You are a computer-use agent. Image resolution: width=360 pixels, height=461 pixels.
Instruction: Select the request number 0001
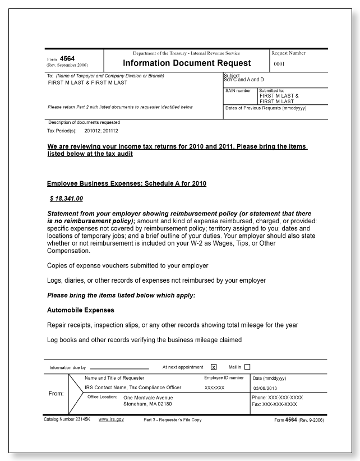tap(280, 64)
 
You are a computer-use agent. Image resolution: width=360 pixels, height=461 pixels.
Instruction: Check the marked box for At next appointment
tap(214, 367)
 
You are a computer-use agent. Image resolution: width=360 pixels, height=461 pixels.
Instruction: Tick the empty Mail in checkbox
tap(247, 367)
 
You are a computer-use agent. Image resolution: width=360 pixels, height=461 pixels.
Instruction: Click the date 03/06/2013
tap(268, 388)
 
